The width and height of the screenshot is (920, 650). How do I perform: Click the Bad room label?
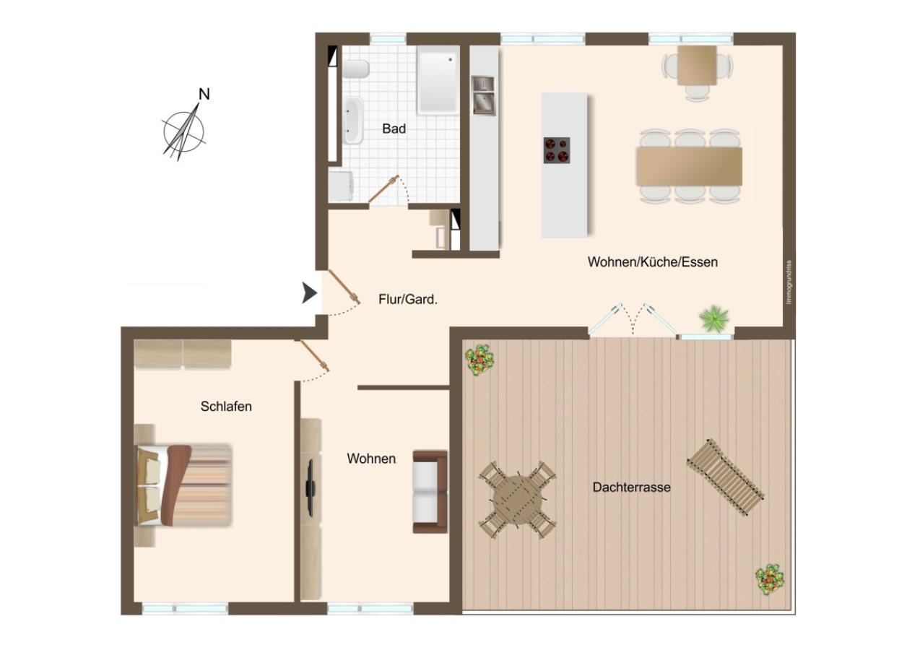(394, 129)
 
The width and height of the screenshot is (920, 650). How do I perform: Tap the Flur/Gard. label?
(408, 299)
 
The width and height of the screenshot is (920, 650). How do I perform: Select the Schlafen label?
(226, 407)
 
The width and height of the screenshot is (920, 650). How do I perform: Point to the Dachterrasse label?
(631, 487)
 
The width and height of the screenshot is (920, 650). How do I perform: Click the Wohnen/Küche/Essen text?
(652, 262)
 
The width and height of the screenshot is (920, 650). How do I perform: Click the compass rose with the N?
(185, 130)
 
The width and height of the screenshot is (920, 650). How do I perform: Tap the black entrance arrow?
(310, 292)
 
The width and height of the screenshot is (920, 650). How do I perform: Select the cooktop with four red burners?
(556, 150)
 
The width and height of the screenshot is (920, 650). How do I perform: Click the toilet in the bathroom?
(356, 69)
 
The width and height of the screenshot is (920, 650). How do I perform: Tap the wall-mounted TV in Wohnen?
(311, 487)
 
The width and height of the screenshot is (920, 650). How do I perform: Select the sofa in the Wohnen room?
(430, 491)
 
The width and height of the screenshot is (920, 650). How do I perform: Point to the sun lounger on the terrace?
(725, 477)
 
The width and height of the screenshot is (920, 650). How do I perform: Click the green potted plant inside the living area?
(714, 317)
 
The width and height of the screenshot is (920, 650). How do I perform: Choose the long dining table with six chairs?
(689, 165)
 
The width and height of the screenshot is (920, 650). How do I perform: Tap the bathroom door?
(383, 189)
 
